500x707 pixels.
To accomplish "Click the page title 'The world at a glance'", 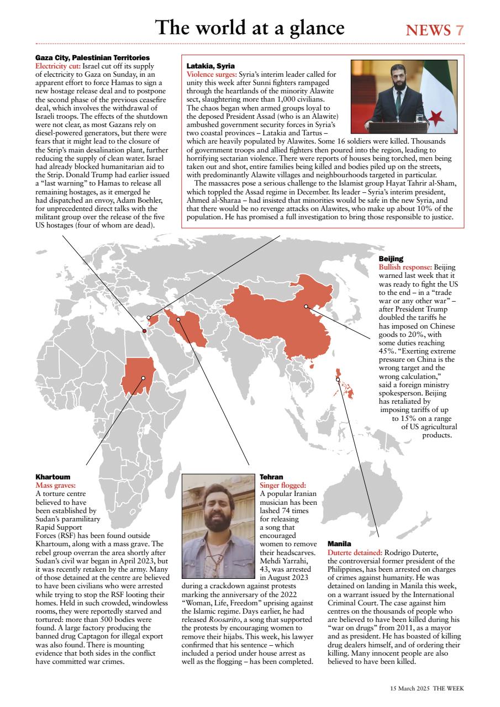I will pos(250,28).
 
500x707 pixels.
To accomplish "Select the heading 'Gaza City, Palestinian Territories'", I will pos(92,57).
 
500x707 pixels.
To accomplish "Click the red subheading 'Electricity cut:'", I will pos(58,66).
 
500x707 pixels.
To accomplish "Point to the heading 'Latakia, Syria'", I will pos(210,65).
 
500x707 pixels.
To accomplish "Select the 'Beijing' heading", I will pos(391,258).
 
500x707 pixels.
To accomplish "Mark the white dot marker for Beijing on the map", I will pos(306,306).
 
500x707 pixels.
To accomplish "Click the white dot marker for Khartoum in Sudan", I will pos(143,378).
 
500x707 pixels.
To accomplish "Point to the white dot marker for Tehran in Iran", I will pos(178,319).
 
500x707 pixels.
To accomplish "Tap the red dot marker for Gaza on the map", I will pos(144,331).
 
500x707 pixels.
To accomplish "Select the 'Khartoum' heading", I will pos(52,476).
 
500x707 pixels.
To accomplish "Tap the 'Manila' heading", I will pos(339,544).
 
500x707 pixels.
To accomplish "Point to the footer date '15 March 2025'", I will pos(409,688).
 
